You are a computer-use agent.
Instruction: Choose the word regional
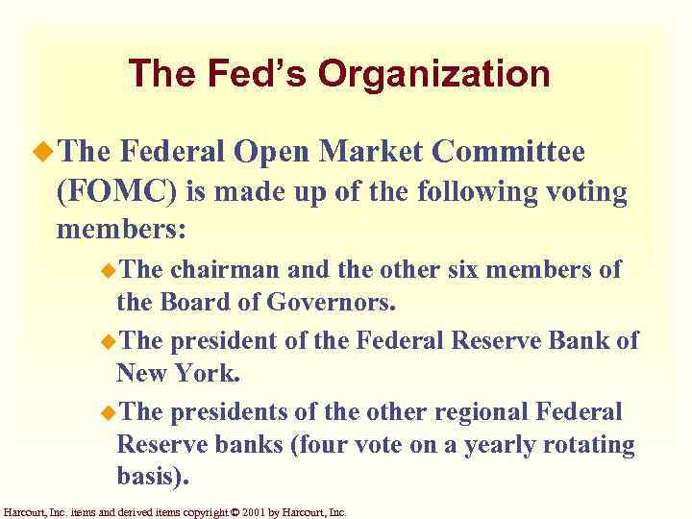point(480,411)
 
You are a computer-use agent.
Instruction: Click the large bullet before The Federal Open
point(39,152)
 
